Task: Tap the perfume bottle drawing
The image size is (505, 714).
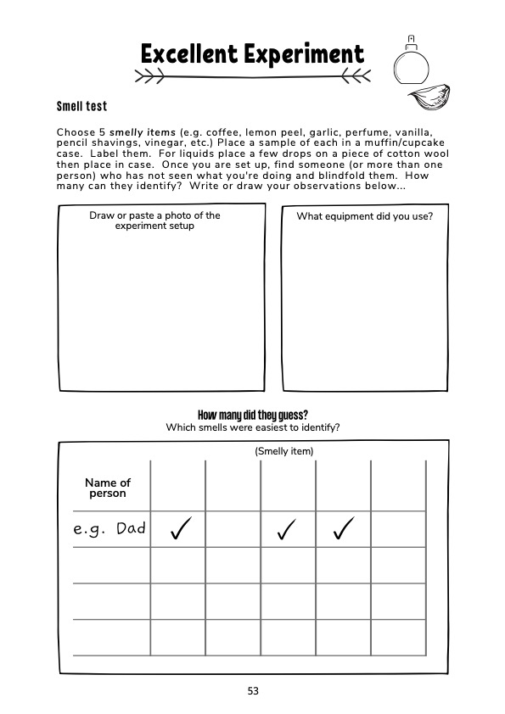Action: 412,61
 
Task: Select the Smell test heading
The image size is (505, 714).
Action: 81,107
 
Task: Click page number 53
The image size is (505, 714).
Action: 253,690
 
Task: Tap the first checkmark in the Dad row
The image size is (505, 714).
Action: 180,530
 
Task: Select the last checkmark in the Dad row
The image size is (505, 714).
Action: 343,530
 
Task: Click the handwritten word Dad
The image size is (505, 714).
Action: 131,528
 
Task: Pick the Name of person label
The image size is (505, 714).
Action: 108,488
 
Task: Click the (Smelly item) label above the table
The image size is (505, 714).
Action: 284,451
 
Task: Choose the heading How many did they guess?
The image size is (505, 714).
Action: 252,415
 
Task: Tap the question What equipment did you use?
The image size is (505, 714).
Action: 365,216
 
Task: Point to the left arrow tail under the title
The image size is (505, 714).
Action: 151,77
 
